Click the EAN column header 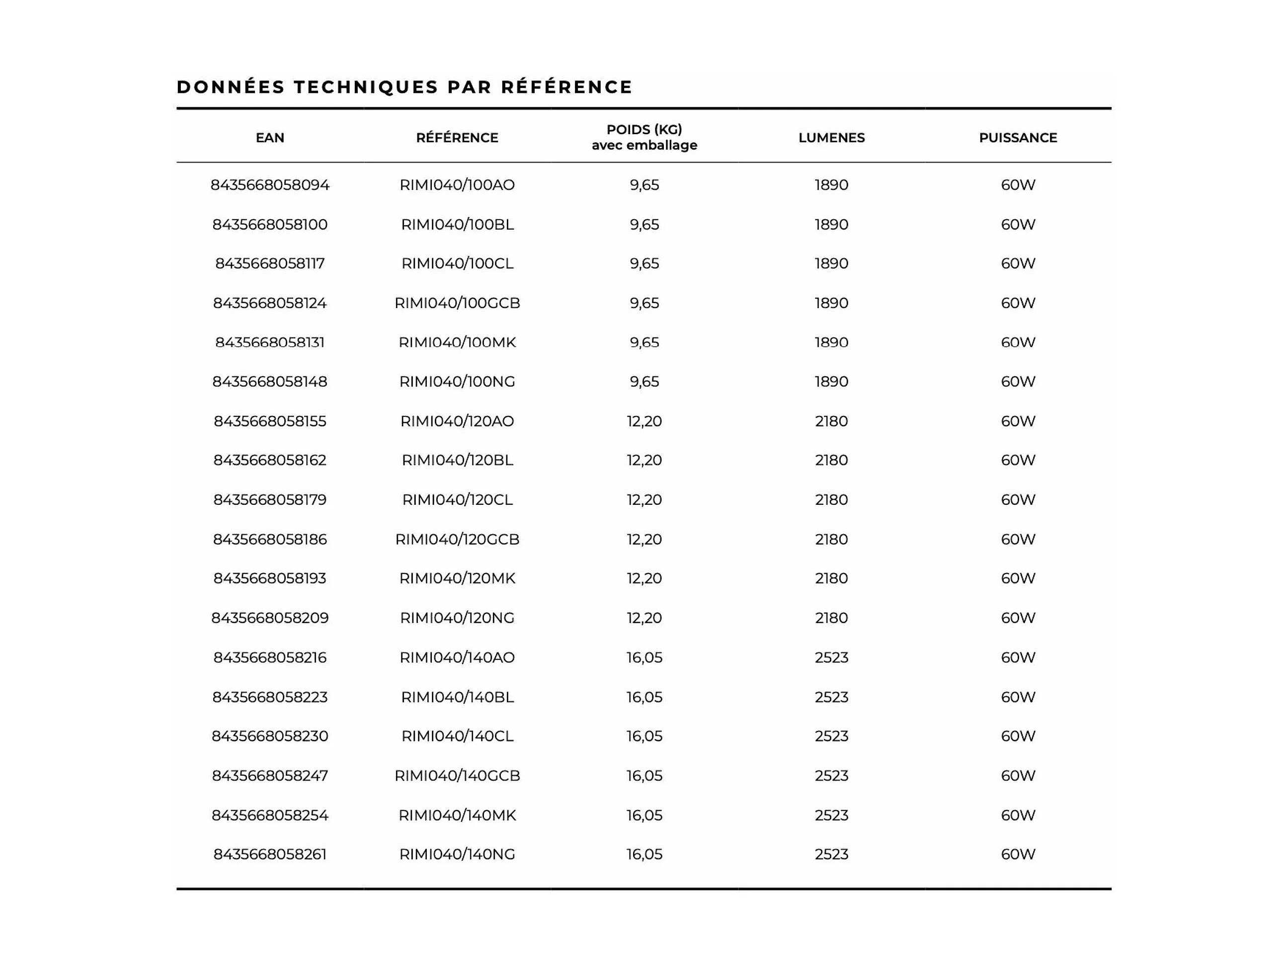pyautogui.click(x=270, y=138)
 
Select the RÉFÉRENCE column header pyautogui.click(x=457, y=138)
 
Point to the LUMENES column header pyautogui.click(x=831, y=138)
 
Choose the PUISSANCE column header pyautogui.click(x=1018, y=138)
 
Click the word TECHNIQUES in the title pyautogui.click(x=366, y=87)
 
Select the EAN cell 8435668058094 pyautogui.click(x=270, y=185)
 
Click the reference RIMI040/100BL pyautogui.click(x=457, y=225)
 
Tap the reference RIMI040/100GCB pyautogui.click(x=457, y=304)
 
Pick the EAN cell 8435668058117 pyautogui.click(x=270, y=264)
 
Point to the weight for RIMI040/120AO pyautogui.click(x=644, y=421)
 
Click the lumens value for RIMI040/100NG pyautogui.click(x=831, y=382)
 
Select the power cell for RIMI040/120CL pyautogui.click(x=1018, y=500)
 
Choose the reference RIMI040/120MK pyautogui.click(x=457, y=579)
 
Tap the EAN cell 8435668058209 pyautogui.click(x=270, y=618)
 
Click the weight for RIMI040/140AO pyautogui.click(x=644, y=658)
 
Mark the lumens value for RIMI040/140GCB pyautogui.click(x=831, y=776)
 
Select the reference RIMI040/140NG pyautogui.click(x=457, y=855)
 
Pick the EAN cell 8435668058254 pyautogui.click(x=270, y=816)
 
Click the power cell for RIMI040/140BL pyautogui.click(x=1018, y=698)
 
